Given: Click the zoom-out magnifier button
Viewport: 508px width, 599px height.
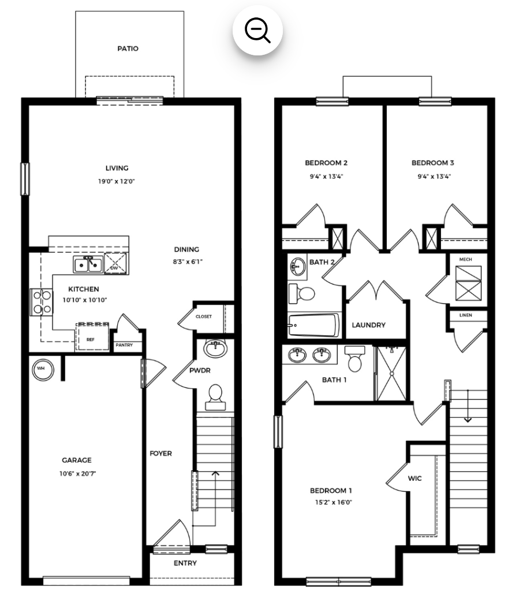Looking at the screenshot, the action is [x=257, y=30].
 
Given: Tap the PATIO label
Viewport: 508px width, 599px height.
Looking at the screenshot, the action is [x=128, y=48].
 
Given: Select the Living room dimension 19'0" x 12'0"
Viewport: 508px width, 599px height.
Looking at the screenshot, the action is [x=117, y=181].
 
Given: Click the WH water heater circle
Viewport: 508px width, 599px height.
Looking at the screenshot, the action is [x=43, y=369].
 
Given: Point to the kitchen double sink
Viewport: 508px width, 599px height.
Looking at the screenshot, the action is [x=88, y=264].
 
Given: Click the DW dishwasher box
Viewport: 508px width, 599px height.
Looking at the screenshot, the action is [x=116, y=263].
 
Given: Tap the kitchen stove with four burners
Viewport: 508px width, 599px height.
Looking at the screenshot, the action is [x=42, y=302].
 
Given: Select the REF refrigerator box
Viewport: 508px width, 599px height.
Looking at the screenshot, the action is [x=92, y=337].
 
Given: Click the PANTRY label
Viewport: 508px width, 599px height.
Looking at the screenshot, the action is [x=124, y=345].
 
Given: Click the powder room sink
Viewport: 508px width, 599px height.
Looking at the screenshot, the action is [x=215, y=347].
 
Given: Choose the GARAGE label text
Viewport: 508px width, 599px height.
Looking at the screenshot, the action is [x=77, y=460].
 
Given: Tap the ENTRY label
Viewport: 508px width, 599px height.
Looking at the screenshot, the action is [x=185, y=563].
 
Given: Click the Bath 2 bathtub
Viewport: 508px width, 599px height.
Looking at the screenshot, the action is [x=314, y=325].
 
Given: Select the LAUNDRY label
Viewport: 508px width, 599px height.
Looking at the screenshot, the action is [x=368, y=325].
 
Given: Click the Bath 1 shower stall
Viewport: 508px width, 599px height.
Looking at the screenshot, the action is [x=391, y=373].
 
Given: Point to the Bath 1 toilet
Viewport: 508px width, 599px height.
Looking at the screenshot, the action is [x=354, y=359].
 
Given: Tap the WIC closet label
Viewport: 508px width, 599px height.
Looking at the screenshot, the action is [x=414, y=478].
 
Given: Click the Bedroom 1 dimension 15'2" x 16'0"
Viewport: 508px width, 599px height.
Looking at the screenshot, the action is [x=333, y=503].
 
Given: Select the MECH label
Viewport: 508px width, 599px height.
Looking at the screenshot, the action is [x=466, y=259].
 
